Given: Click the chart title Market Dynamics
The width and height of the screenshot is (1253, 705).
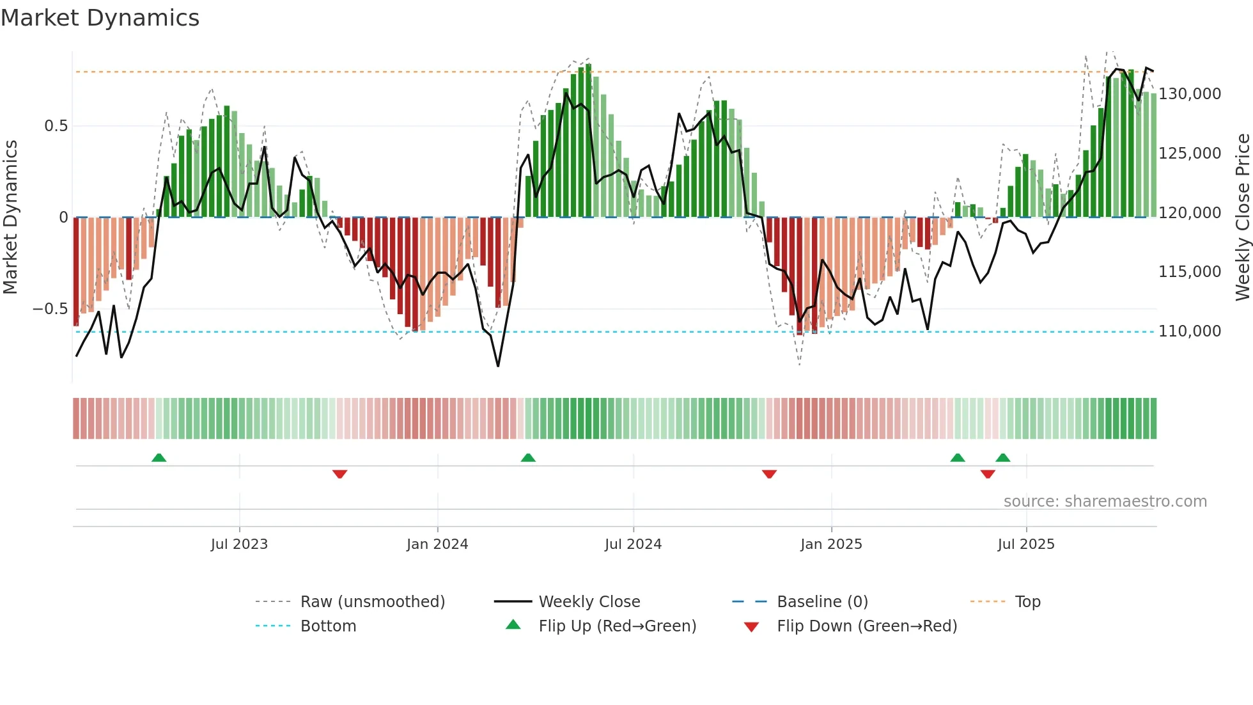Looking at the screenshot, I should pyautogui.click(x=100, y=18).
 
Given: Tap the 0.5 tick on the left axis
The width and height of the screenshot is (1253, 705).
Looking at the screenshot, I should pyautogui.click(x=56, y=126).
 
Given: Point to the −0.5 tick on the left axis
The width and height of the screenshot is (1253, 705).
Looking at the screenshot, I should pyautogui.click(x=50, y=309).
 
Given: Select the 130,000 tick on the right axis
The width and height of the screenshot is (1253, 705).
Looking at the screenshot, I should pyautogui.click(x=1189, y=94).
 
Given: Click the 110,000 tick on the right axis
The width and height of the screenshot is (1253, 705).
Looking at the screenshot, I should pyautogui.click(x=1189, y=331).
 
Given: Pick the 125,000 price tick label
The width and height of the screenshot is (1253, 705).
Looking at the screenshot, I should pyautogui.click(x=1189, y=154).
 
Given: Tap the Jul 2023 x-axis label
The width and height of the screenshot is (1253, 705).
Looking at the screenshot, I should pyautogui.click(x=239, y=544).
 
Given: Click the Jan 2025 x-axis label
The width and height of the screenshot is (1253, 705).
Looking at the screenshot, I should pyautogui.click(x=831, y=544).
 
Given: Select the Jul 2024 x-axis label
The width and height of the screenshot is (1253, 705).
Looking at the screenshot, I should pyautogui.click(x=633, y=544).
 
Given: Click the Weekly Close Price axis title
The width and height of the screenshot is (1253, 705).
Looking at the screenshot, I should pyautogui.click(x=1242, y=218).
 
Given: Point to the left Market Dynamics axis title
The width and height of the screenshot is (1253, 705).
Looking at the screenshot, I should pyautogui.click(x=10, y=218).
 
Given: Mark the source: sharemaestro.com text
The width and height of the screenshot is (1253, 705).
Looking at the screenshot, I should pyautogui.click(x=1105, y=502).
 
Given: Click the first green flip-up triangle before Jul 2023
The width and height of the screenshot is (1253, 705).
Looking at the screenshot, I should pyautogui.click(x=159, y=458).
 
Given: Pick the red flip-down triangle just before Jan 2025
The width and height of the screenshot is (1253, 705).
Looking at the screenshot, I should pyautogui.click(x=769, y=474).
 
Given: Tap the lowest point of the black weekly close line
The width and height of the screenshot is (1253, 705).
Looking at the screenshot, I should pyautogui.click(x=498, y=366).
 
